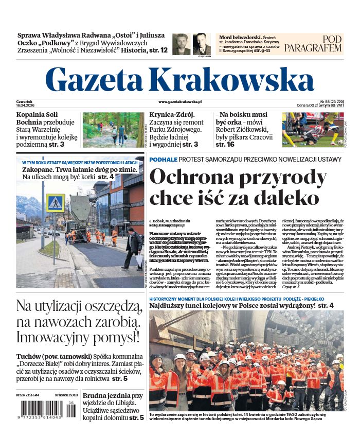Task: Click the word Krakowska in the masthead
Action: pyautogui.click(x=226, y=80)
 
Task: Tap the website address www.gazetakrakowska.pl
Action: pyautogui.click(x=179, y=102)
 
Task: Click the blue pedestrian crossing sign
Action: pyautogui.click(x=55, y=203)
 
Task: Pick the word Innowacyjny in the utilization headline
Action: pyautogui.click(x=57, y=338)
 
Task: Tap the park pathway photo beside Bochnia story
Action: pyautogui.click(x=113, y=130)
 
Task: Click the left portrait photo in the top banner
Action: pyautogui.click(x=181, y=44)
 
